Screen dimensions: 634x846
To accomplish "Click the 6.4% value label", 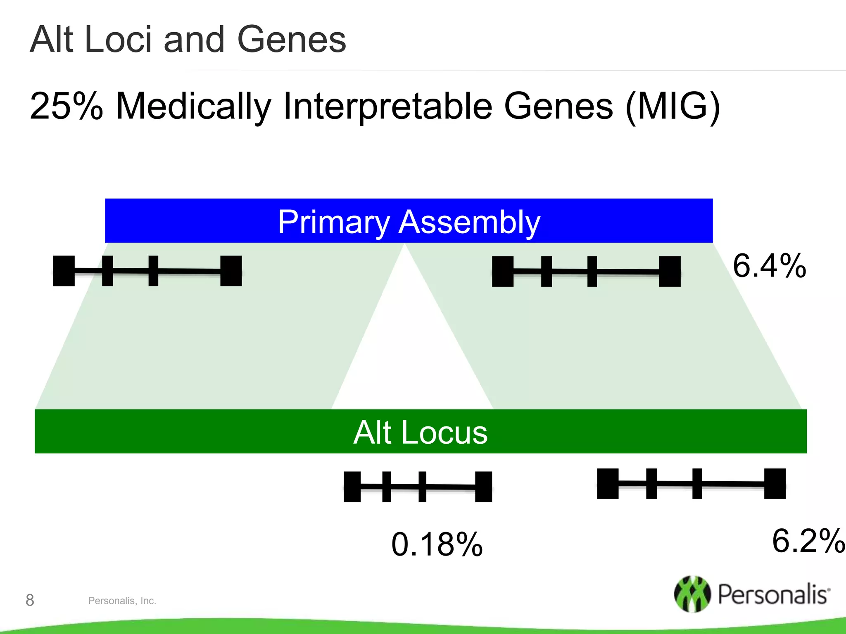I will pyautogui.click(x=769, y=266).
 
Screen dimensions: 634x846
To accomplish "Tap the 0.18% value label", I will pyautogui.click(x=437, y=544).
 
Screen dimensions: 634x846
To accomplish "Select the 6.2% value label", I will pyautogui.click(x=808, y=541).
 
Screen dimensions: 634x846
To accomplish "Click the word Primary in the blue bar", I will pyautogui.click(x=333, y=222).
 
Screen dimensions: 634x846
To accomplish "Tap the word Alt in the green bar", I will pyautogui.click(x=372, y=432).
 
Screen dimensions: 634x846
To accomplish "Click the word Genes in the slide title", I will pyautogui.click(x=291, y=40).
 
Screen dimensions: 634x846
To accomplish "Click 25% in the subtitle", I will pyautogui.click(x=66, y=106).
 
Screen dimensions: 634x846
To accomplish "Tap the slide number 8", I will pyautogui.click(x=30, y=600).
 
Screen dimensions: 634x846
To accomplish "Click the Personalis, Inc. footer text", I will pyautogui.click(x=122, y=601).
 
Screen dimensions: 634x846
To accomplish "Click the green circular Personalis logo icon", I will pyautogui.click(x=692, y=594).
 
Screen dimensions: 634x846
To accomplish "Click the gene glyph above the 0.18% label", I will pyautogui.click(x=418, y=487).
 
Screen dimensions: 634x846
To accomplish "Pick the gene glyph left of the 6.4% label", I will pyautogui.click(x=586, y=271).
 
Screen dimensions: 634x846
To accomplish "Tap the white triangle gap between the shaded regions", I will pyautogui.click(x=411, y=351).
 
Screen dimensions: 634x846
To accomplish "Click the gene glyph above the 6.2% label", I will pyautogui.click(x=691, y=483).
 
